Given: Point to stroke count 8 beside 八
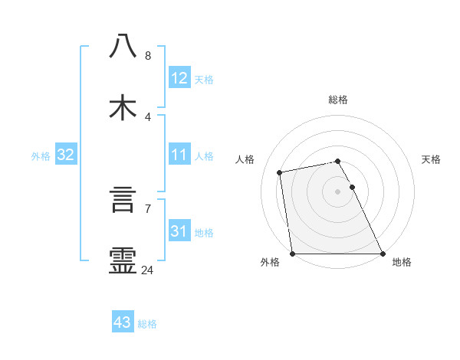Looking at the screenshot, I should [148, 56].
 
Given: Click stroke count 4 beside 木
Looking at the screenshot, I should [148, 116].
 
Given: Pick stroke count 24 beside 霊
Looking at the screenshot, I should [148, 270].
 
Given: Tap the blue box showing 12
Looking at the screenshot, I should [179, 78].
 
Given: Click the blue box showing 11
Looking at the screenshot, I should [179, 155].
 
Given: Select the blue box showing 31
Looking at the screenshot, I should [179, 231].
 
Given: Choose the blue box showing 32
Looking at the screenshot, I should [66, 155].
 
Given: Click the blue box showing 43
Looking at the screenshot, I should [123, 322].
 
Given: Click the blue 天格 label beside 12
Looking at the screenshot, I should [204, 80].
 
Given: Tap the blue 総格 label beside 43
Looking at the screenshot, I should [147, 324].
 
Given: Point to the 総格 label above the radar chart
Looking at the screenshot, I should [338, 100].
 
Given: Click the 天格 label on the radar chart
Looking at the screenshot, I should [432, 159].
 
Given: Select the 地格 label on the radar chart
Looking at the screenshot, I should [402, 263].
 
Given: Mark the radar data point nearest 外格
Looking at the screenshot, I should [293, 254].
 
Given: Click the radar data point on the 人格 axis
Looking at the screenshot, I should [280, 172].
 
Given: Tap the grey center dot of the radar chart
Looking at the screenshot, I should [338, 191].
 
